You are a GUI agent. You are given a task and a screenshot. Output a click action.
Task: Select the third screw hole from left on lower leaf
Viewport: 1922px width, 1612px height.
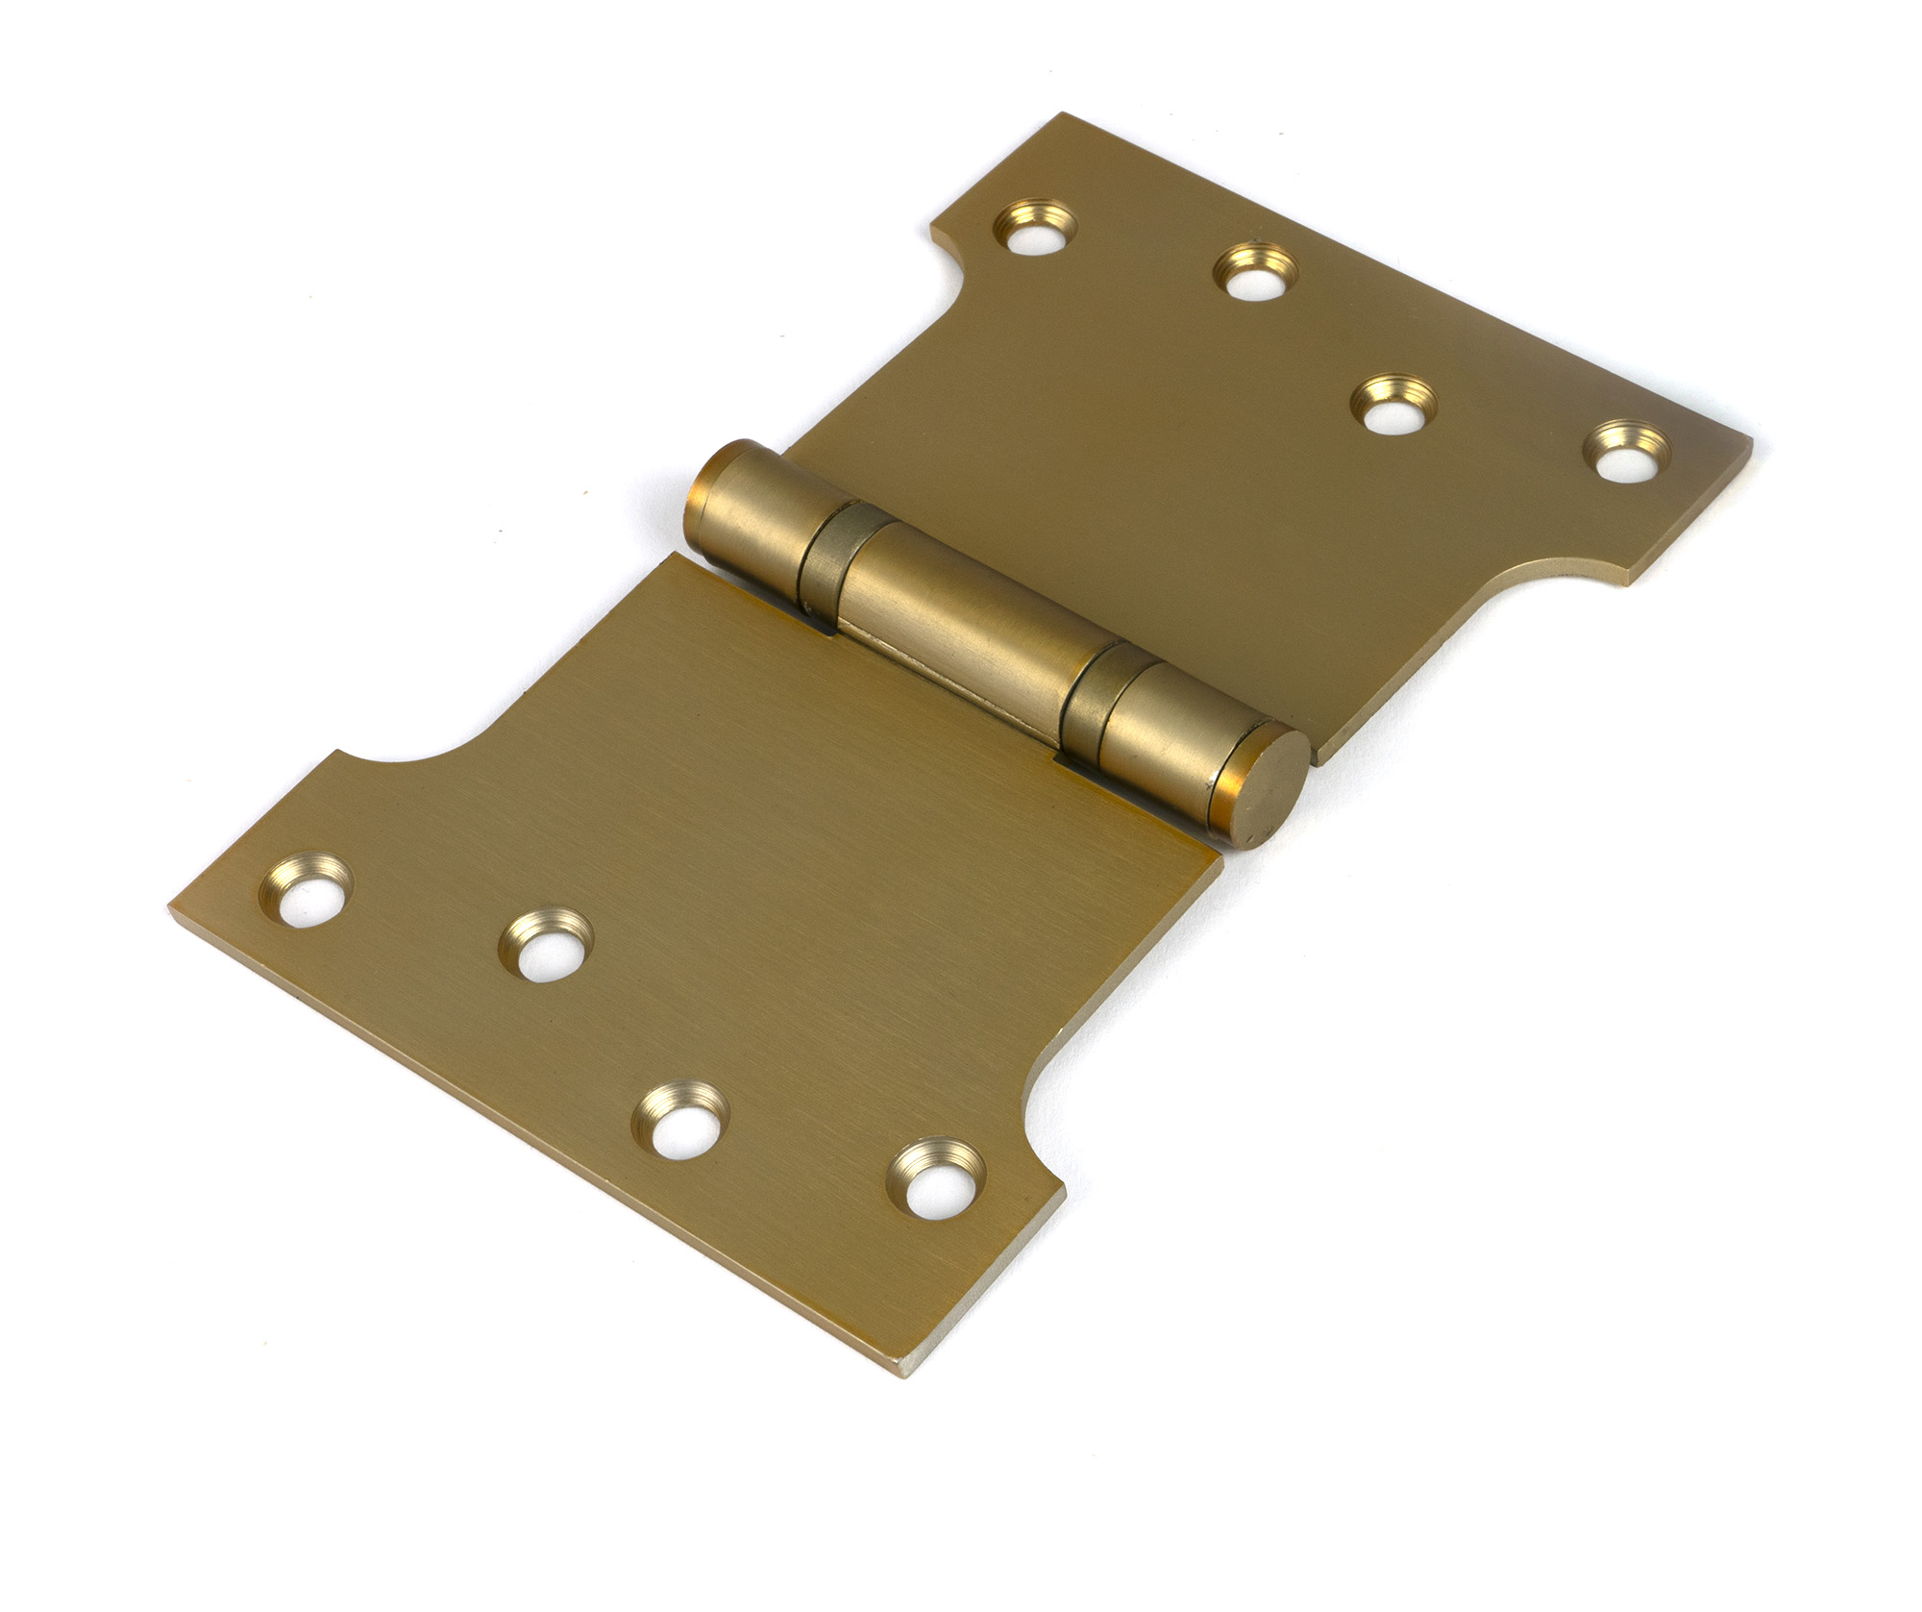tap(681, 1121)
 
